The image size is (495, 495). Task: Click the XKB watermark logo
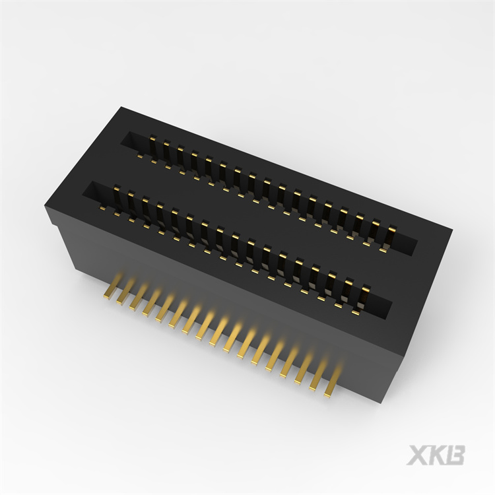[436, 455]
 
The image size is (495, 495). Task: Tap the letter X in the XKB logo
[417, 455]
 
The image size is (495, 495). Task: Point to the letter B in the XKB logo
[454, 455]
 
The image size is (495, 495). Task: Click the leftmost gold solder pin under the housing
[112, 286]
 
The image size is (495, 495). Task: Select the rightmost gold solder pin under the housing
[333, 380]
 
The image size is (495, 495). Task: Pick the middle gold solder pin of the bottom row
[218, 331]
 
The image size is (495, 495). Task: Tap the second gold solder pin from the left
[125, 292]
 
